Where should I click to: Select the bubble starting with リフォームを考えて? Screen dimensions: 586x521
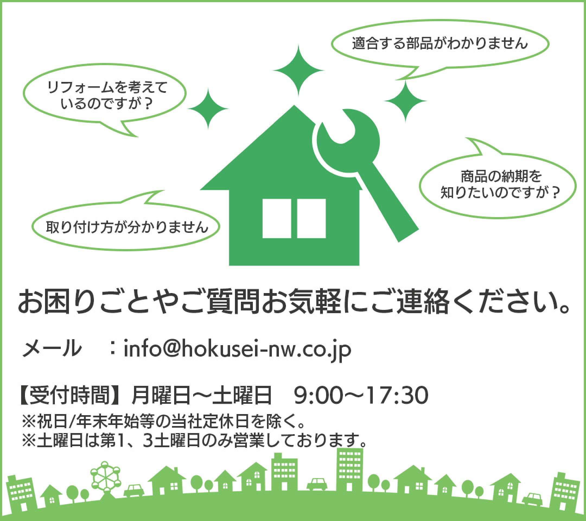[105, 95]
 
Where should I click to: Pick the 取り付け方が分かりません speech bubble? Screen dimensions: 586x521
[126, 227]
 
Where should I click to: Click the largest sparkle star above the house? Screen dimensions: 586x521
[298, 70]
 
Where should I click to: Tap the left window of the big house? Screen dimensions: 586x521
[277, 218]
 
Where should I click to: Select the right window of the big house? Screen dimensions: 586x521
[311, 218]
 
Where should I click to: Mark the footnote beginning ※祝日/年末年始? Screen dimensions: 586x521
[163, 421]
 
